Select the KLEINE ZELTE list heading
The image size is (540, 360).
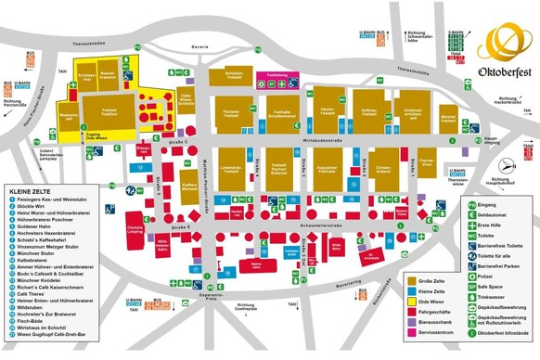[31, 188]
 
